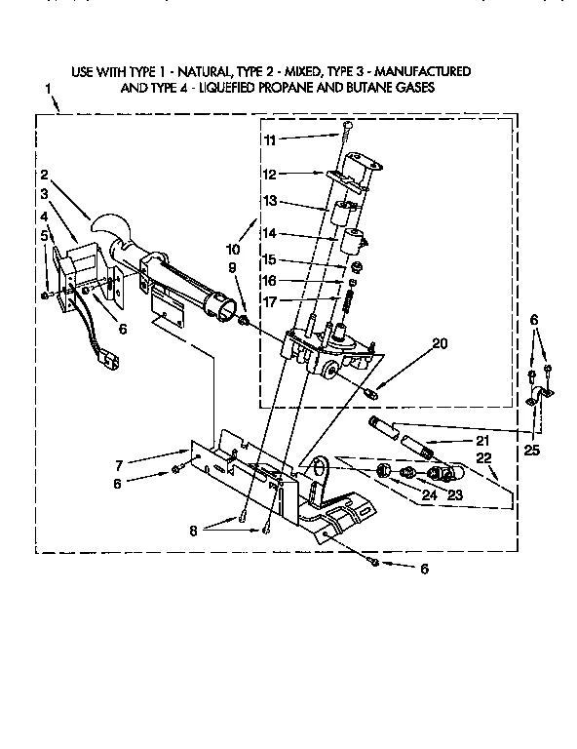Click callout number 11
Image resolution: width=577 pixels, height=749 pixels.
click(x=270, y=140)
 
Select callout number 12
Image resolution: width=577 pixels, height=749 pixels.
click(x=270, y=175)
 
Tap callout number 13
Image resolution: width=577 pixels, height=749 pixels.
click(x=270, y=201)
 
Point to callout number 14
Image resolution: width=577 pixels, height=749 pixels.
click(x=270, y=234)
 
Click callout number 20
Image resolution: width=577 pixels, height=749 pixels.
click(x=412, y=342)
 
